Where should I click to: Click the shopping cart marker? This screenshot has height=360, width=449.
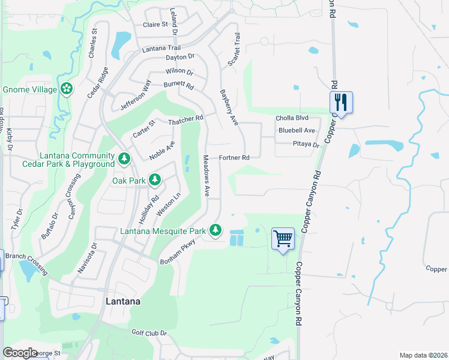pos(283,239)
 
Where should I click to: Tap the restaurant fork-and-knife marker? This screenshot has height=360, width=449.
pos(341,103)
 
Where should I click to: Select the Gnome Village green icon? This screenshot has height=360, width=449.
pos(66,89)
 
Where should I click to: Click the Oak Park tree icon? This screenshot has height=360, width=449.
pos(154,179)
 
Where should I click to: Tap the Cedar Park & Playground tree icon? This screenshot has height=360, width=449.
pos(124,159)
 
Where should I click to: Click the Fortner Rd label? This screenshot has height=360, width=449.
pos(234,158)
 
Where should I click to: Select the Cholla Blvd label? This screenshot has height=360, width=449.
pos(292,118)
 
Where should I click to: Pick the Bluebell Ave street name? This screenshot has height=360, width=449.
pos(297,130)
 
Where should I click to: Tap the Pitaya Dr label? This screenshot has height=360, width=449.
pos(306,145)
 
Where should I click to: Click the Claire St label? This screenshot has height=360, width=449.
pos(155,25)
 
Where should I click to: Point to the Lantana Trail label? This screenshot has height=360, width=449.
pos(161,48)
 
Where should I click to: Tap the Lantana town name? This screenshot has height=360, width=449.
pos(123,302)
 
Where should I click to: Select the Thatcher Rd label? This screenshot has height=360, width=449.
pos(186,120)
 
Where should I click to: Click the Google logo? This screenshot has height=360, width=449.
pos(20,353)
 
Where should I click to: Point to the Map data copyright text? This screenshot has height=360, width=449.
pos(424,355)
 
